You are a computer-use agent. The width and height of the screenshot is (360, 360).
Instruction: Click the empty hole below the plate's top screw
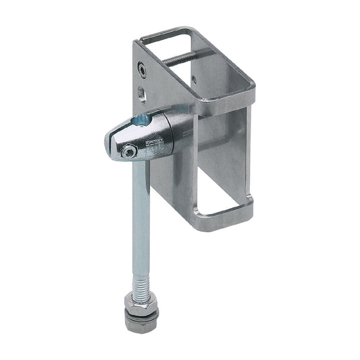click(x=141, y=92)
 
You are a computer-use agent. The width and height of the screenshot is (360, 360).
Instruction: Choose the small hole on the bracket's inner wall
click(x=194, y=79)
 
